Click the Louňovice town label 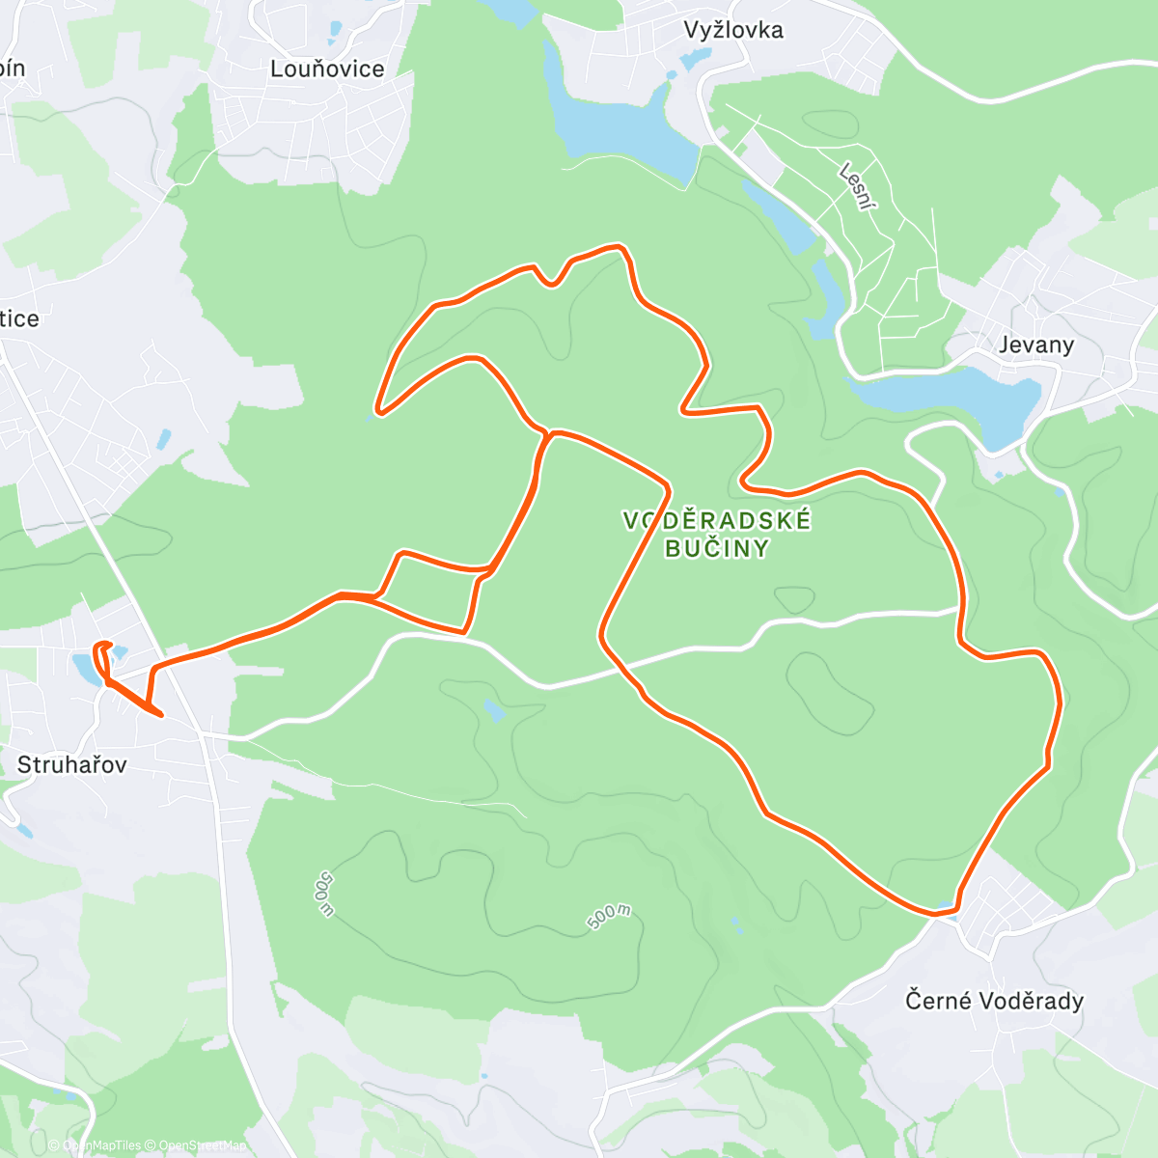327,69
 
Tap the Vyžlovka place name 733,30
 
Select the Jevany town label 1036,345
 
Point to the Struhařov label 71,765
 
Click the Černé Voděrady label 994,1001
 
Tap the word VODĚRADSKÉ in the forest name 717,521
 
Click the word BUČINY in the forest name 717,549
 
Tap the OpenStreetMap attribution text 202,1145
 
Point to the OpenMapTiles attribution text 101,1145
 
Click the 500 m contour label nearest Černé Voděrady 610,918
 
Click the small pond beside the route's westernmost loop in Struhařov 83,665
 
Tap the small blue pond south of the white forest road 494,711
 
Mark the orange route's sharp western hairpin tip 378,412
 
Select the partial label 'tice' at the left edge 19,319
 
